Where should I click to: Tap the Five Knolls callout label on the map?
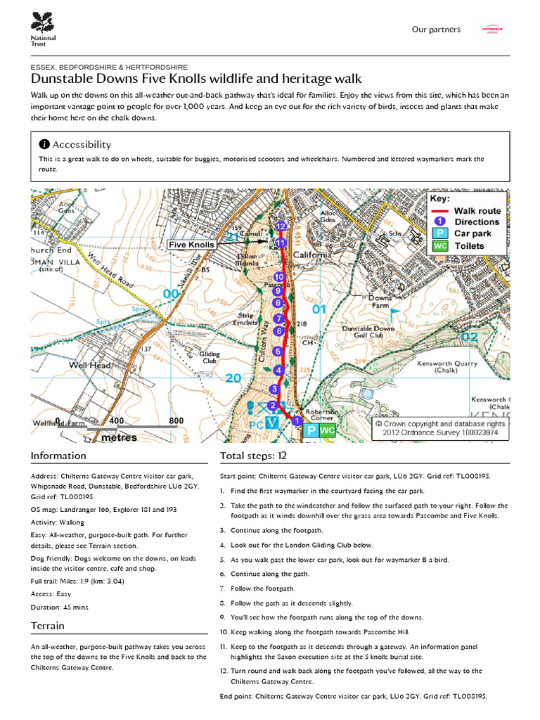click(192, 245)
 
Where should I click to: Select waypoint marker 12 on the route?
click(281, 226)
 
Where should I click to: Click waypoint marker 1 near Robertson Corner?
click(297, 420)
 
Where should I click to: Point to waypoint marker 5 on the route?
click(278, 351)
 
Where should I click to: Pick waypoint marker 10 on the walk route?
click(279, 277)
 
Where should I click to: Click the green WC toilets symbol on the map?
click(327, 430)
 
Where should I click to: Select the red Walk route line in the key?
click(439, 211)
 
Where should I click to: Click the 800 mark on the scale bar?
click(176, 421)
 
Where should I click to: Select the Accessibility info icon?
click(44, 144)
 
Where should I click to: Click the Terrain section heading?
click(48, 626)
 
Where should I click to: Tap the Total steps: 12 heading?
click(253, 456)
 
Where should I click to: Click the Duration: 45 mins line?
click(59, 607)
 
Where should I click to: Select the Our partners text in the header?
click(436, 30)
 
